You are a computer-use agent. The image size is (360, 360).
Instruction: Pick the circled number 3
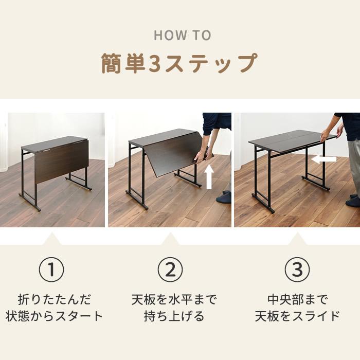(x=297, y=269)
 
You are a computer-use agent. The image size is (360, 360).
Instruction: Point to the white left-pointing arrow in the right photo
(x=323, y=159)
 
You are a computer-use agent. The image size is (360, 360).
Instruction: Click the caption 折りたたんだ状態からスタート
(x=54, y=308)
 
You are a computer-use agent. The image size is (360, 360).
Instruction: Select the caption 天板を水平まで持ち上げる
(x=174, y=308)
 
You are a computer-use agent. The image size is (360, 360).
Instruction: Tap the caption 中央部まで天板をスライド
(x=297, y=308)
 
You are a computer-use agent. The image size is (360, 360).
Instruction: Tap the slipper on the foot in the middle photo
(x=224, y=199)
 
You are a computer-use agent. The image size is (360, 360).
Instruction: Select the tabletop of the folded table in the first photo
(x=54, y=143)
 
